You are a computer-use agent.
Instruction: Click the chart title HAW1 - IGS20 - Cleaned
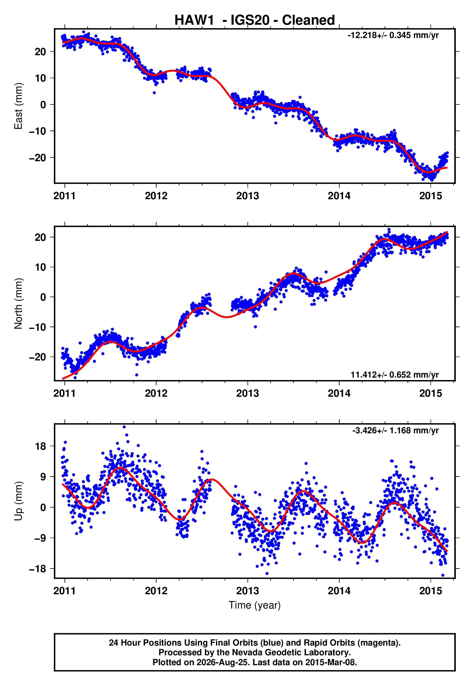(255, 20)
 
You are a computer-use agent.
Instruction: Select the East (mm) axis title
(18, 106)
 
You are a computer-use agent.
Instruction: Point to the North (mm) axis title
(18, 304)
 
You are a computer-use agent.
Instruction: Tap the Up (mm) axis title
(18, 501)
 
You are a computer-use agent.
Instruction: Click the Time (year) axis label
(255, 605)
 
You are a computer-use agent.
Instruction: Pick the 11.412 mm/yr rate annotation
(395, 374)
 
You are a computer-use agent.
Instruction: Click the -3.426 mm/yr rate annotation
(395, 430)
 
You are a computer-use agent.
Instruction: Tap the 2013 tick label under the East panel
(247, 196)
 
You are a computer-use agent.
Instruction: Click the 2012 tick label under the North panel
(156, 393)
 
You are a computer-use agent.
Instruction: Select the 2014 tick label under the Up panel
(339, 591)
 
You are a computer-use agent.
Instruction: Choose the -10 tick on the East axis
(37, 131)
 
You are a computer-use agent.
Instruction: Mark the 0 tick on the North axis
(43, 297)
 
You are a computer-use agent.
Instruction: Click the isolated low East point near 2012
(154, 93)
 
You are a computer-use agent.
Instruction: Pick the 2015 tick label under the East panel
(430, 196)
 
